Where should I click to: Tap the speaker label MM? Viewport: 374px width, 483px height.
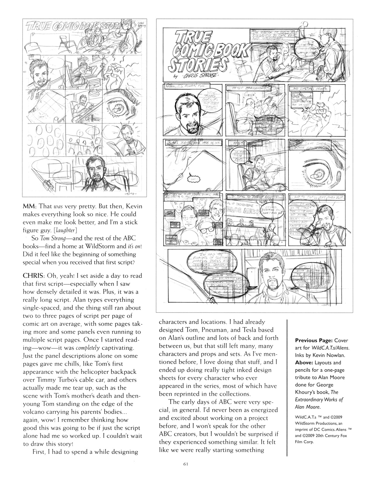click(x=29, y=206)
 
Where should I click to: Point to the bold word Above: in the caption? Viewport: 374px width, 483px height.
click(x=303, y=363)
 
